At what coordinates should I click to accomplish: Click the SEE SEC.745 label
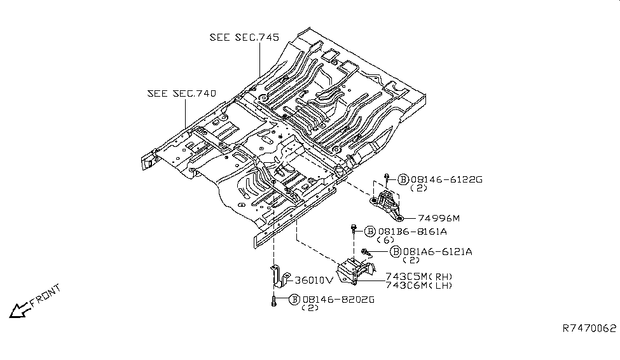tap(244, 37)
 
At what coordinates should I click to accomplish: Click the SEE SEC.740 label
tap(182, 93)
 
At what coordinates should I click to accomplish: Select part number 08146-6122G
tap(446, 179)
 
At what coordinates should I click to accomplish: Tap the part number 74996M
tap(439, 218)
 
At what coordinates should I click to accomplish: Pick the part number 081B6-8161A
tap(413, 232)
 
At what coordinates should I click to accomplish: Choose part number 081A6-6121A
tap(437, 252)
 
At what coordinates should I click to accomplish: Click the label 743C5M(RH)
tap(419, 277)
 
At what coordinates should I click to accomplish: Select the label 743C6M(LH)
tap(419, 285)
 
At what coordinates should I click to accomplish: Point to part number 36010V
tap(314, 280)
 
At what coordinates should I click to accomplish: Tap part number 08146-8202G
tap(338, 300)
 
